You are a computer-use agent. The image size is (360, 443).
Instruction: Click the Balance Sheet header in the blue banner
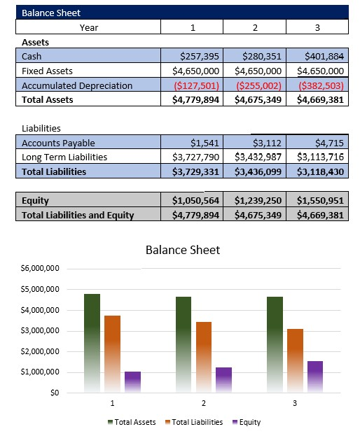point(51,13)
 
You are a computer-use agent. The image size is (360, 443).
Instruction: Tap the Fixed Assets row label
point(47,71)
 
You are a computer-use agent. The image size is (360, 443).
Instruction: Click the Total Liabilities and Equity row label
point(78,215)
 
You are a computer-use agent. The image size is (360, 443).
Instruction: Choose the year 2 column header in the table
point(254,27)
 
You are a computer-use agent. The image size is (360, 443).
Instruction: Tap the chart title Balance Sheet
point(182,250)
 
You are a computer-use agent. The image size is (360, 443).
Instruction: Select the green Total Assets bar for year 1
point(92,343)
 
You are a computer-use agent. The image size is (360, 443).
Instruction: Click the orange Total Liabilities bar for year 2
point(203,357)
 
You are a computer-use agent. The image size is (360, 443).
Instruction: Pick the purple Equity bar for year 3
point(315,377)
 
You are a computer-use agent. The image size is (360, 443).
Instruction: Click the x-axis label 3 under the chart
point(295,404)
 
